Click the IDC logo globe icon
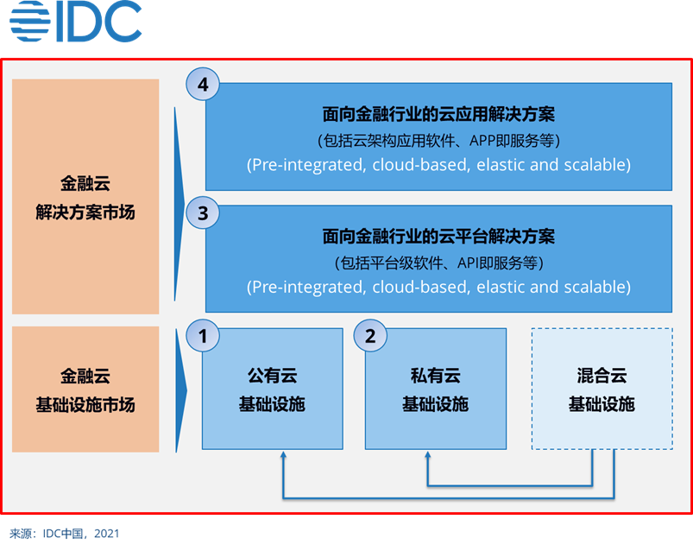(30, 22)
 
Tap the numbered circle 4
(203, 84)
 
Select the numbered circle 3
(203, 212)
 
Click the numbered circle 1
(203, 336)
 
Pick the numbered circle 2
(370, 336)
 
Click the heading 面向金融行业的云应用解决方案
(438, 114)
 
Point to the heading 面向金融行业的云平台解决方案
(438, 236)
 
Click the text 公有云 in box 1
(272, 376)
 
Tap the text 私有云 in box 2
(436, 376)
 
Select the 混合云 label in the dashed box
(602, 376)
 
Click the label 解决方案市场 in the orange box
(85, 212)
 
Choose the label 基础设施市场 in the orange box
(85, 405)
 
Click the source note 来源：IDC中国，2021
(65, 534)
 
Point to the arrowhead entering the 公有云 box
(283, 454)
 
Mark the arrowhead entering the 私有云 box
(427, 454)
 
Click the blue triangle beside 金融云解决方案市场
(179, 204)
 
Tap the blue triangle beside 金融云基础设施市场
(181, 390)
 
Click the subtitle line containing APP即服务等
(438, 141)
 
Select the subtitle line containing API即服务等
(438, 263)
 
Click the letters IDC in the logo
(99, 22)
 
